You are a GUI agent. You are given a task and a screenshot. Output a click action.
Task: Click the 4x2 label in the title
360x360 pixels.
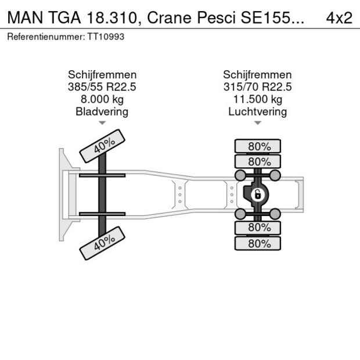[339, 17]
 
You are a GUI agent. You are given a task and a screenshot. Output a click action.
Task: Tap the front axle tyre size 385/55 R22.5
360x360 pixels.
[102, 87]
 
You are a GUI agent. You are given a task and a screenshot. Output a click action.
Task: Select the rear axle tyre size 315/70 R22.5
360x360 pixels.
[257, 87]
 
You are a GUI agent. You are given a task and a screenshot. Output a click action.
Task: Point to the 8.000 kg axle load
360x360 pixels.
[102, 99]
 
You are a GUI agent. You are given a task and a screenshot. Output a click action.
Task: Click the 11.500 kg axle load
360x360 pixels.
[257, 99]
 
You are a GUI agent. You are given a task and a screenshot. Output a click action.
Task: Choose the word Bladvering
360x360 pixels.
[102, 111]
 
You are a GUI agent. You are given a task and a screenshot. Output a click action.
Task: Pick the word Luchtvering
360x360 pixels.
[257, 111]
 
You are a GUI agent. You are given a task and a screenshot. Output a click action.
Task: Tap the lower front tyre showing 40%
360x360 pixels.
[102, 244]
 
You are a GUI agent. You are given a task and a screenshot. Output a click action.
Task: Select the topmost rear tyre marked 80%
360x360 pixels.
[257, 146]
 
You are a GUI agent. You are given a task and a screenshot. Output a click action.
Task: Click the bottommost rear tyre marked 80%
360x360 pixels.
[257, 244]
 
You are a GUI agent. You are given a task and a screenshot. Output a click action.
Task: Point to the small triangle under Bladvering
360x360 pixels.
[102, 123]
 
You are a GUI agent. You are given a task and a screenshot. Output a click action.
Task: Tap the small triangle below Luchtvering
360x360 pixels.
[257, 123]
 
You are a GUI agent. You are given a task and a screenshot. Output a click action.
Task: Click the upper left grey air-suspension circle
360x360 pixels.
[239, 175]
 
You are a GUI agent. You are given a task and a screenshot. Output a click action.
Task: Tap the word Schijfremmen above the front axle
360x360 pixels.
[102, 75]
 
